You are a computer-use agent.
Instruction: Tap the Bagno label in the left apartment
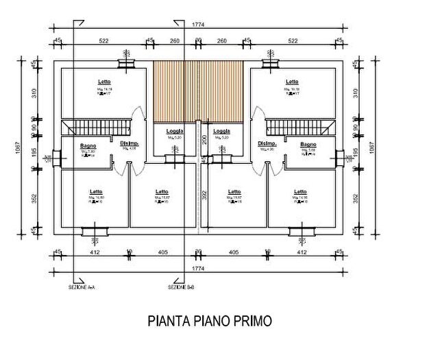[x=88, y=145]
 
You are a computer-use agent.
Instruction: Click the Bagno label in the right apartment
[x=308, y=145]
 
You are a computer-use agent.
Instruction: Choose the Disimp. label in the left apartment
[x=129, y=143]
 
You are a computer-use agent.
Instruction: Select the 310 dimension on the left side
[x=32, y=92]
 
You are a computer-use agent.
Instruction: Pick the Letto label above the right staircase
[x=293, y=82]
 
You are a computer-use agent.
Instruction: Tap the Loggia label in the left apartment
[x=174, y=131]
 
